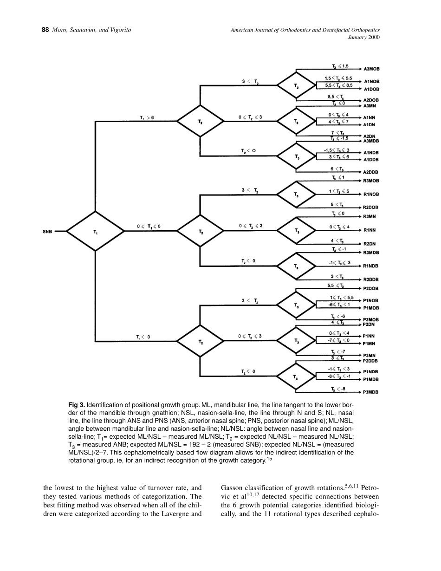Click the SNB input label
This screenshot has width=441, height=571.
47,231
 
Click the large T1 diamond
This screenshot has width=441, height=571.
95,231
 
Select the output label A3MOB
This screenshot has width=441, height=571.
371,69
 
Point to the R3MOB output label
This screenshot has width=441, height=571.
371,180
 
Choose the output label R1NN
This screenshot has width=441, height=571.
370,230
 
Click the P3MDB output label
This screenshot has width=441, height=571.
371,392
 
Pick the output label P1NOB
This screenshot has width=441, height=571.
371,300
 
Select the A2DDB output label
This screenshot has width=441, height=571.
371,172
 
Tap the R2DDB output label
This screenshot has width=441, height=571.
371,279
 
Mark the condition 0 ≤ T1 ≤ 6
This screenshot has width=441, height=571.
149,226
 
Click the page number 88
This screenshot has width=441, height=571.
45,30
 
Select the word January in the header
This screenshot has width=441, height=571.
357,38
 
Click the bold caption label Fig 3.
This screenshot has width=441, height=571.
77,404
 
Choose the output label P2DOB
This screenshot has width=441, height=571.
371,288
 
